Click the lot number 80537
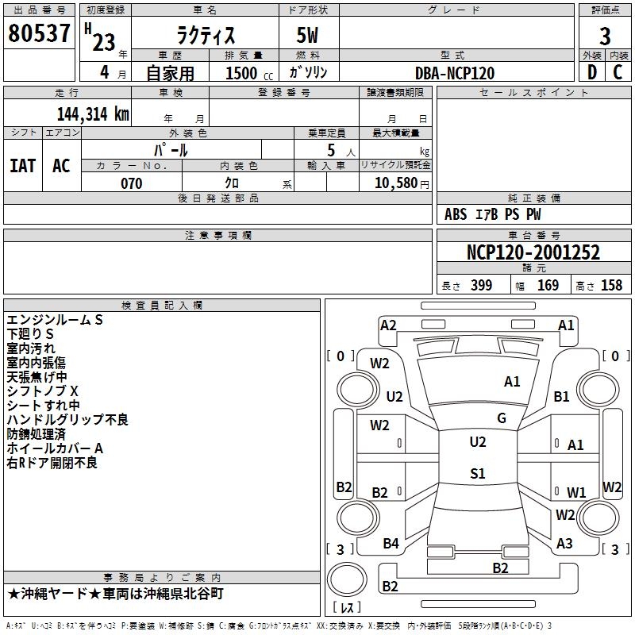[x=39, y=33]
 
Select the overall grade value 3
[x=605, y=36]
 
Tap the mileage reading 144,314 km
[x=93, y=114]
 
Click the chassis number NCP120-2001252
[x=533, y=252]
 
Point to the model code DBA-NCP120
[x=455, y=73]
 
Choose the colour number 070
[x=131, y=183]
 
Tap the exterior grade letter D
[x=592, y=72]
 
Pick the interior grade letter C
[x=618, y=72]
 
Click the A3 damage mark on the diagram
[x=564, y=543]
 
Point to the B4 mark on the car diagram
[x=391, y=543]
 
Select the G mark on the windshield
[x=502, y=418]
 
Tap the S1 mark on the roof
[x=478, y=473]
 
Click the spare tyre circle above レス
[x=347, y=579]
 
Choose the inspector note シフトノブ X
[x=42, y=391]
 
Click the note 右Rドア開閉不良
[x=52, y=463]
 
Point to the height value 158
[x=611, y=285]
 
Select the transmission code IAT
[x=23, y=166]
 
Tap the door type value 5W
[x=307, y=35]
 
